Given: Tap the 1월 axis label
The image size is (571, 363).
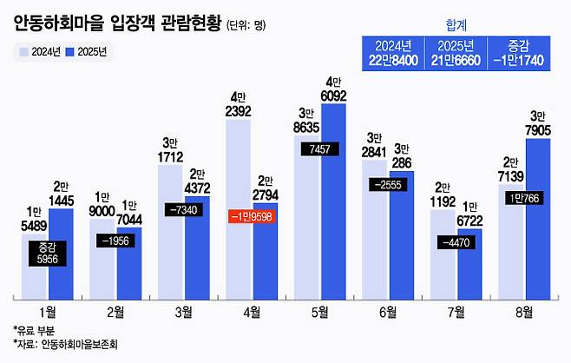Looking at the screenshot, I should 49,310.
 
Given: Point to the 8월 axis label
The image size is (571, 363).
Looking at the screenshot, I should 525,310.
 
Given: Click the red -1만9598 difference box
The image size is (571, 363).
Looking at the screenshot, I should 252,216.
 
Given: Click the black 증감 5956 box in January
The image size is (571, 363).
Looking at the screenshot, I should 48,253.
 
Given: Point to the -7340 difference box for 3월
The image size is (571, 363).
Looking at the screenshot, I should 184,210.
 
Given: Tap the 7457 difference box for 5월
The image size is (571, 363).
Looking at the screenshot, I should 320,149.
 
